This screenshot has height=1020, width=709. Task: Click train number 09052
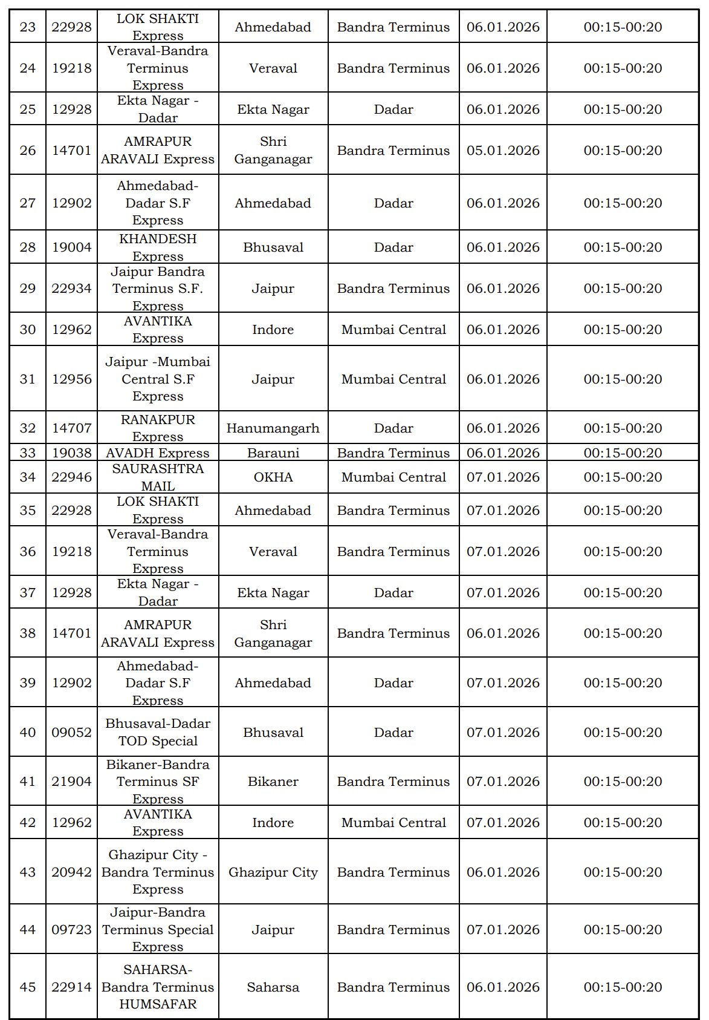(x=71, y=732)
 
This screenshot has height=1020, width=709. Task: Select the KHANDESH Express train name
(x=158, y=247)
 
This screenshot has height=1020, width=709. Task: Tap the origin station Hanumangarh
(x=273, y=428)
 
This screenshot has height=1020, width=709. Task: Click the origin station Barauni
(x=273, y=453)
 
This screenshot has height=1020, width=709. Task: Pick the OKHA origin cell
(x=273, y=477)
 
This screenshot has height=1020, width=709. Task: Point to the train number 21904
(x=71, y=782)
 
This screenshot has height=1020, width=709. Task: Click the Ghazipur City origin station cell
(x=273, y=872)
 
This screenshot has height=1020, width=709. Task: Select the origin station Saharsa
(x=273, y=987)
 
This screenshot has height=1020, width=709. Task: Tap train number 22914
(x=71, y=987)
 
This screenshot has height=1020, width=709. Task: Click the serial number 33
(x=28, y=453)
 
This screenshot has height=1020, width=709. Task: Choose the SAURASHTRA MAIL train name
(x=158, y=477)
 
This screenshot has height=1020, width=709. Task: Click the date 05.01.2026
(x=503, y=151)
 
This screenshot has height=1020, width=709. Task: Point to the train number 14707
(x=71, y=428)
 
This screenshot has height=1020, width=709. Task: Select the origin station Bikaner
(x=273, y=782)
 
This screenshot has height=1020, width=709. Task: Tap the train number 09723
(x=71, y=930)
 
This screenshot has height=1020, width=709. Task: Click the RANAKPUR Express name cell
(x=158, y=428)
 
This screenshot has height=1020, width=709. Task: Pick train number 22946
(x=71, y=477)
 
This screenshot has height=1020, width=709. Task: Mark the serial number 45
(x=28, y=987)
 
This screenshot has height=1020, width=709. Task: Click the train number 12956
(x=71, y=379)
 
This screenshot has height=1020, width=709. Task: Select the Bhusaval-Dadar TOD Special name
(x=158, y=732)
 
